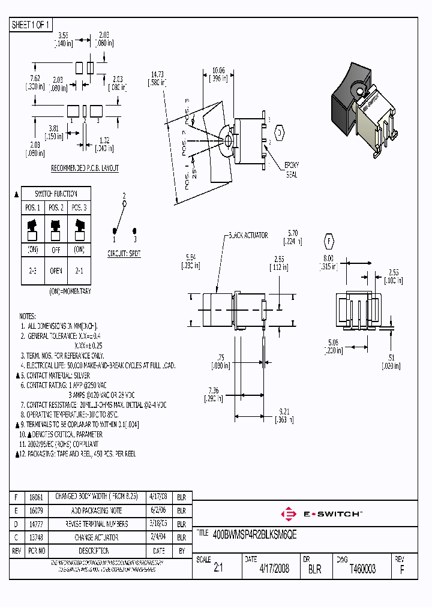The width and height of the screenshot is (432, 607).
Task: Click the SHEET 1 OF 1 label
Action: pos(32,25)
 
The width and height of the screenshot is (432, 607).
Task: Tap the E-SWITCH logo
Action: pos(320,514)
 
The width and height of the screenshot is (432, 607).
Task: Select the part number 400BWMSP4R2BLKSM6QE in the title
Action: pos(255,533)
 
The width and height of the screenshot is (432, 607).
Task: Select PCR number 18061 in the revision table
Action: pos(35,497)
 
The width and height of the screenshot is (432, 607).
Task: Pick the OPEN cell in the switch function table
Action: pos(56,271)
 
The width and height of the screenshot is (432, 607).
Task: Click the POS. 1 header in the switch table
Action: pos(32,208)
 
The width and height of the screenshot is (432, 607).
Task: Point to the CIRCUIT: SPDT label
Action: pos(125,254)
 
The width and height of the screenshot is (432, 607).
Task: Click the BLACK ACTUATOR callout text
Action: pos(247,236)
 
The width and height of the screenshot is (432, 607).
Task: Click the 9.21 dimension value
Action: pos(286,412)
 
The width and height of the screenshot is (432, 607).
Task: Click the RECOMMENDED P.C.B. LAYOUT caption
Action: pos(85,169)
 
